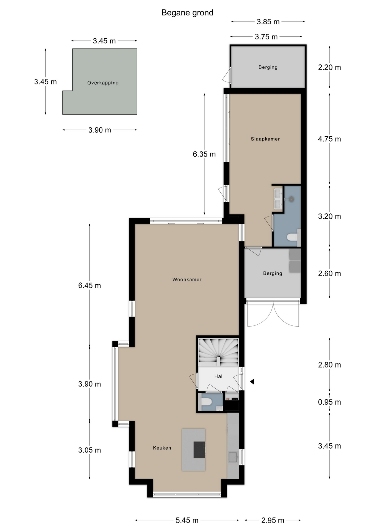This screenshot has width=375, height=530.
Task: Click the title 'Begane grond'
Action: (187, 13)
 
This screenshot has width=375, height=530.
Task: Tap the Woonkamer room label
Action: (187, 280)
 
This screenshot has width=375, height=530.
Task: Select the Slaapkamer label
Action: (265, 139)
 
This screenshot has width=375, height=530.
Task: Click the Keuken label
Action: (162, 448)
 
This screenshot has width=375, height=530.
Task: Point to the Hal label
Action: (218, 376)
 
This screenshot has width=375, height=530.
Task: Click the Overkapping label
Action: (103, 83)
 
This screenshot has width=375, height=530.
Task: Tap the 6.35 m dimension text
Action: (204, 154)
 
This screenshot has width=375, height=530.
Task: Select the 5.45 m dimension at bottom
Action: (187, 520)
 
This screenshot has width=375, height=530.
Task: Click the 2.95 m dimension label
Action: (273, 520)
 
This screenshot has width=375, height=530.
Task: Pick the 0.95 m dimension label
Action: (329, 402)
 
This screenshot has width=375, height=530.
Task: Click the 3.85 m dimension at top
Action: (268, 22)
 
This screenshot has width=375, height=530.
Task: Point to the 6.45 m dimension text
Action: (89, 285)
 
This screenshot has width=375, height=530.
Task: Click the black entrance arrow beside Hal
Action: (252, 382)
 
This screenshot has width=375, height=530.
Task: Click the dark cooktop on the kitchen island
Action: (199, 450)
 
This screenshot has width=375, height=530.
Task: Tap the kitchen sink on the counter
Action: (233, 457)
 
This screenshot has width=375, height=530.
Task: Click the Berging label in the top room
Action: (268, 67)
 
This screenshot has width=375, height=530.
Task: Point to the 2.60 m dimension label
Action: (329, 274)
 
